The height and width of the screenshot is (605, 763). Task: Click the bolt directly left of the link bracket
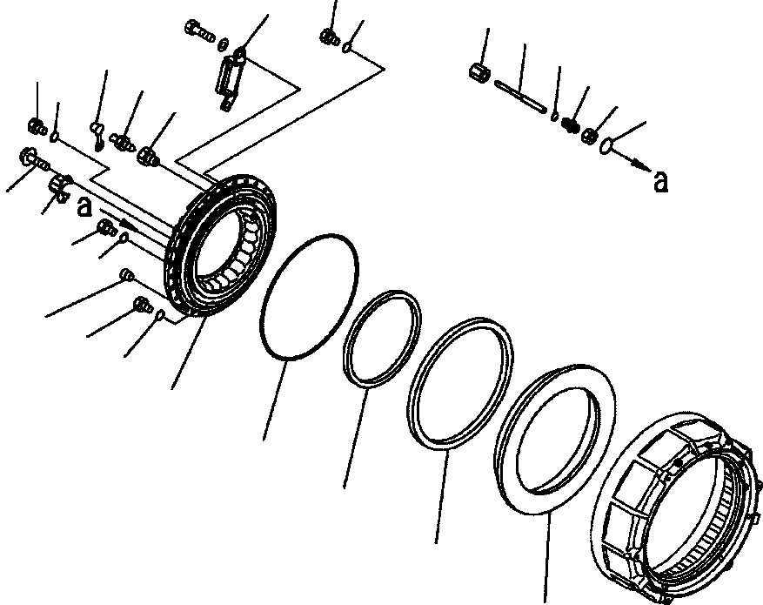(197, 32)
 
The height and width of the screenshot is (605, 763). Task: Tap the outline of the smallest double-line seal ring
(382, 339)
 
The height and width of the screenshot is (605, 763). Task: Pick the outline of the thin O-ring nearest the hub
(309, 296)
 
